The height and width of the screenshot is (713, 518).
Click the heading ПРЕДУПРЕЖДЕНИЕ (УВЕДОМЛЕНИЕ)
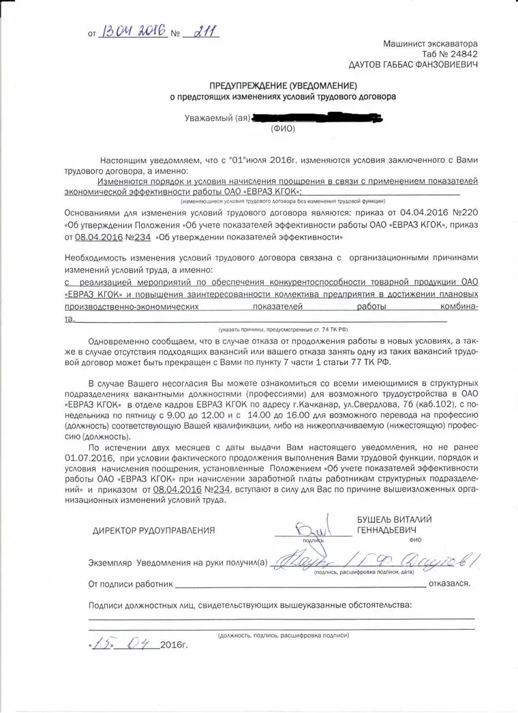(283, 85)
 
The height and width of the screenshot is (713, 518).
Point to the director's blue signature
(312, 527)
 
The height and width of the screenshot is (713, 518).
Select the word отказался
(452, 585)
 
